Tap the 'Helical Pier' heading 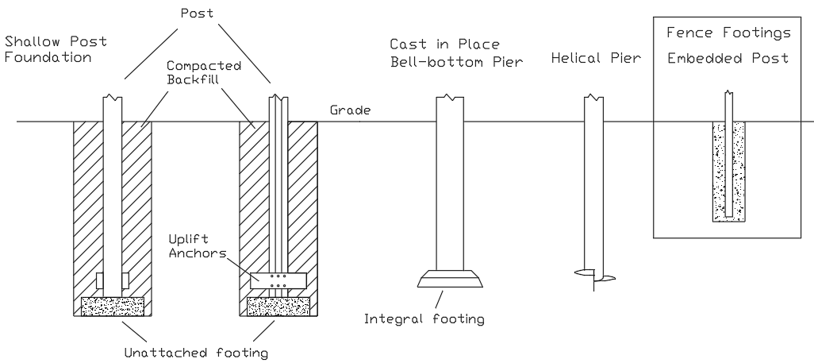[593, 57]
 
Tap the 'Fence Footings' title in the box [730, 34]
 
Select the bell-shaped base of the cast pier [450, 278]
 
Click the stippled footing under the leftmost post [112, 306]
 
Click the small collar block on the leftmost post [112, 280]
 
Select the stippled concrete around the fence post [717, 171]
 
